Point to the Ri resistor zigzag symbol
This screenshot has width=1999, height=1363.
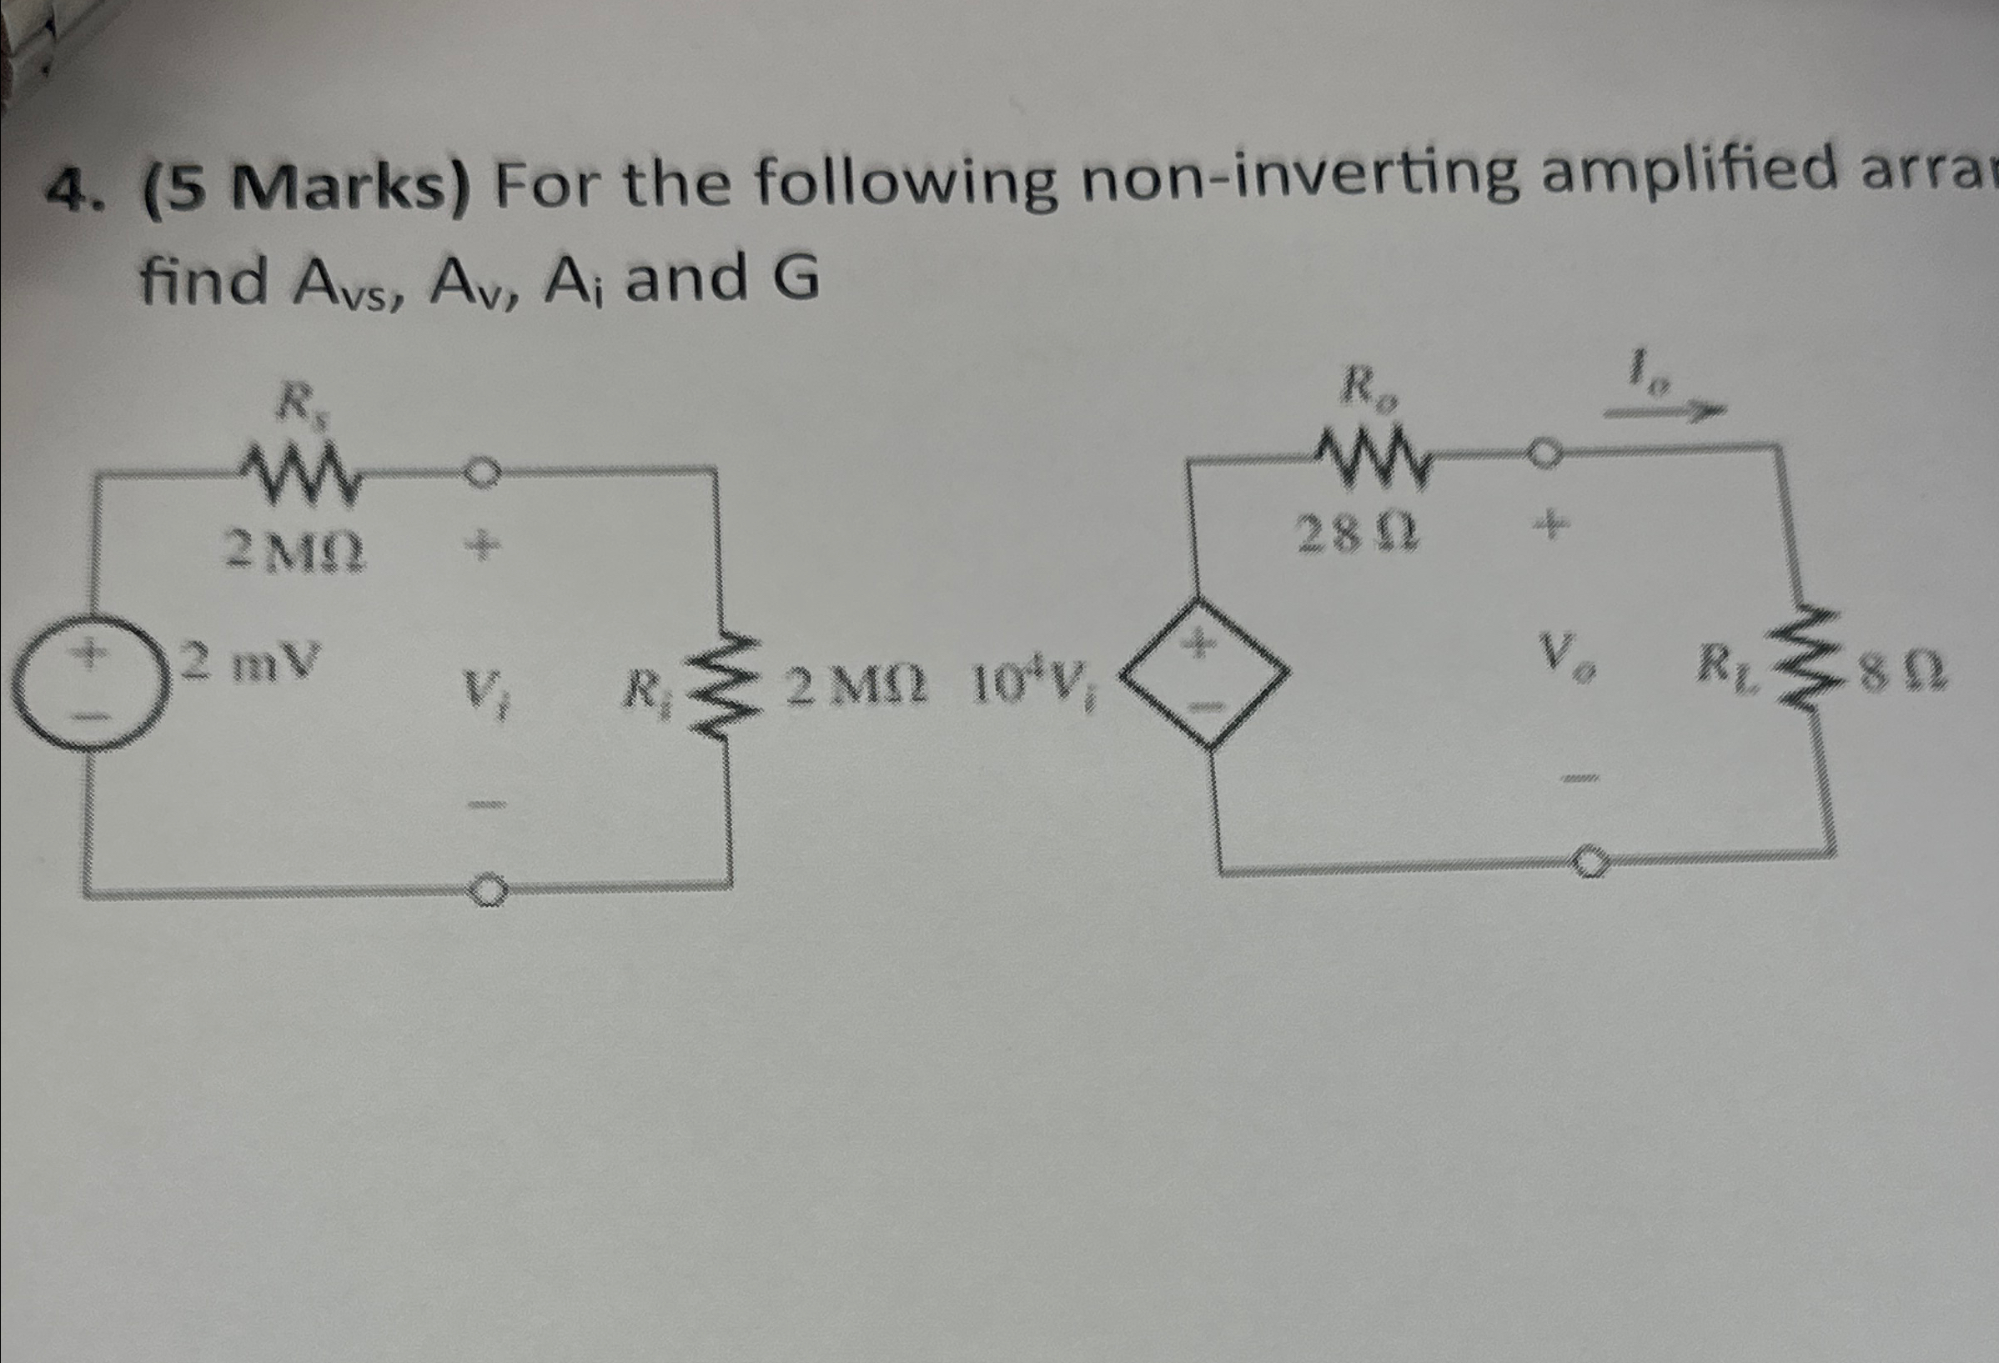[720, 684]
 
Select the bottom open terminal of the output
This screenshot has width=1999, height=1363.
[1588, 863]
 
